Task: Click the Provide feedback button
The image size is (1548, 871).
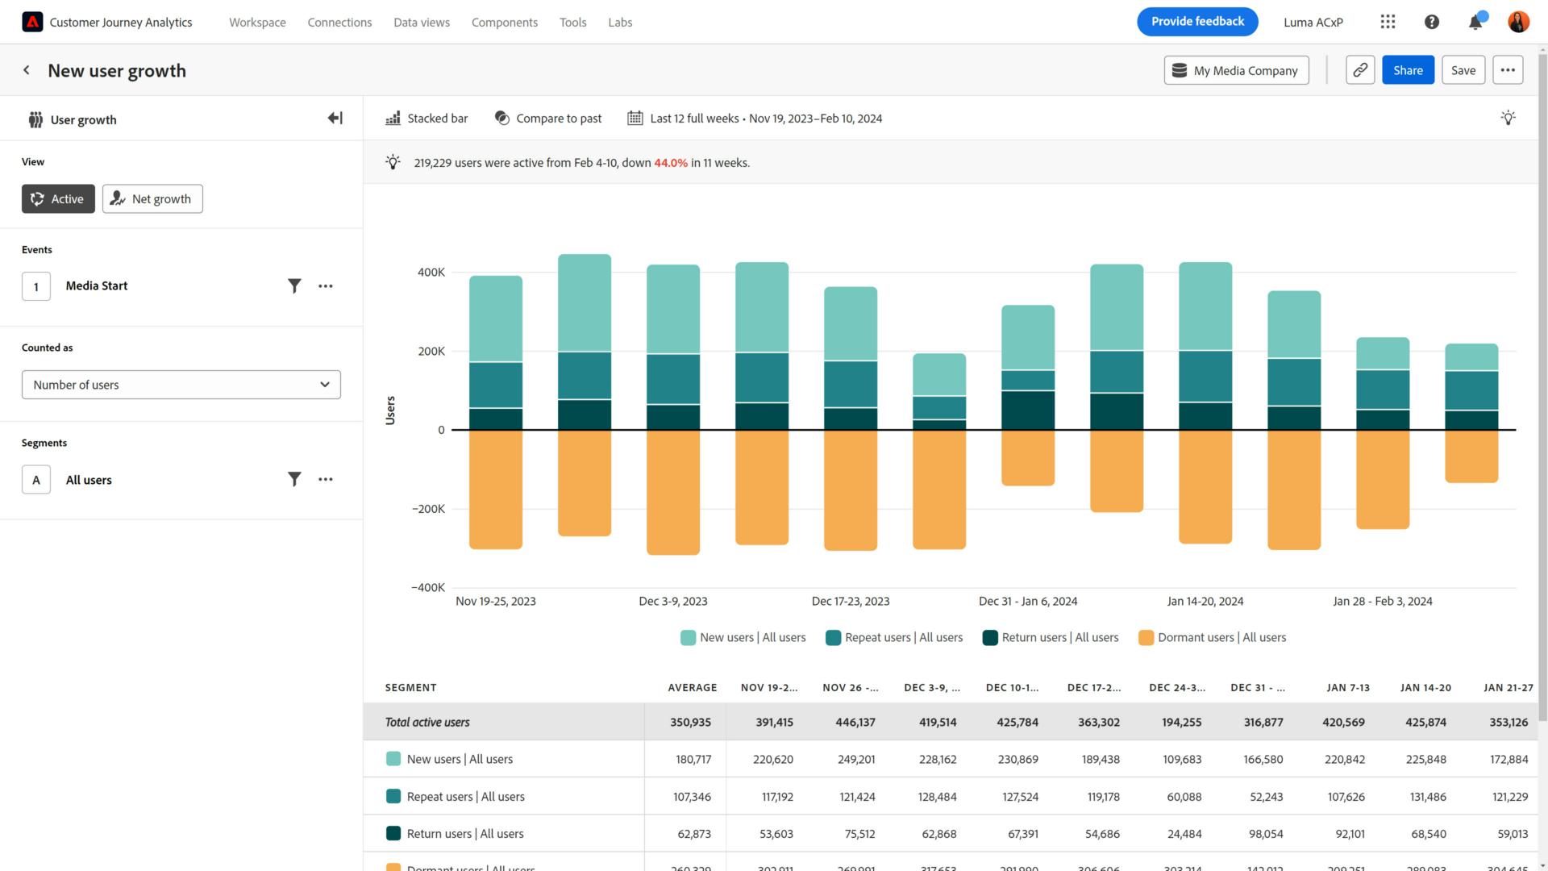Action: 1196,22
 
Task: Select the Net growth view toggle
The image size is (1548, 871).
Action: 152,199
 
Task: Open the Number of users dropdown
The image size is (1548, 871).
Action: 181,385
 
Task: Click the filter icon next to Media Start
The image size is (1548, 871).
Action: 294,285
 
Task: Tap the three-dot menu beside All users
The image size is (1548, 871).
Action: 325,479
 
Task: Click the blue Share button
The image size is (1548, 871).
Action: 1407,70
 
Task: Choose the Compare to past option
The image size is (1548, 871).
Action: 548,119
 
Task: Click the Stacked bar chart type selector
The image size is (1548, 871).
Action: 427,119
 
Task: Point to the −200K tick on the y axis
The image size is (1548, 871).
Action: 428,509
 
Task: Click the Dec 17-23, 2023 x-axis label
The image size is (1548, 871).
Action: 850,601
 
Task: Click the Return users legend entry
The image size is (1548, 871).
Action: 1051,637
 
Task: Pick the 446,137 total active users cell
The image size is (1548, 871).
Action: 855,722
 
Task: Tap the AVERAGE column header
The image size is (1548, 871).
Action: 692,687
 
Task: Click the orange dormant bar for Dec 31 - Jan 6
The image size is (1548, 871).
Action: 1027,457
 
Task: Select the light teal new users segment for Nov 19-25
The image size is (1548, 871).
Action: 495,319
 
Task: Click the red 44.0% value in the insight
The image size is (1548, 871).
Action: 670,163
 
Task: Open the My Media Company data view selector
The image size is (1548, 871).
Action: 1235,70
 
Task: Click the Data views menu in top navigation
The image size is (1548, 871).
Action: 421,23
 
